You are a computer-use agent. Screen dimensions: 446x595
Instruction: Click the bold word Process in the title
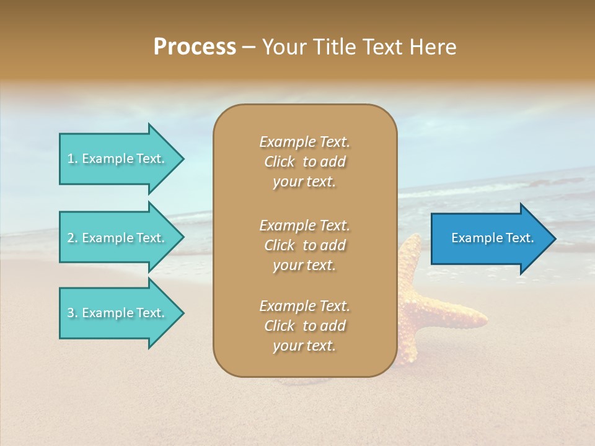coord(195,47)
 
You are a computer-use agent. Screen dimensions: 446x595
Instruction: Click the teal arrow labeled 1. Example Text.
coord(118,159)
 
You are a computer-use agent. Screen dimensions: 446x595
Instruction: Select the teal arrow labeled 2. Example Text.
coord(118,238)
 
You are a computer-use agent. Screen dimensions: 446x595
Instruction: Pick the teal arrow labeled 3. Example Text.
coord(118,313)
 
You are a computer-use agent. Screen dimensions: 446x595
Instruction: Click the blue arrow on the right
coord(490,238)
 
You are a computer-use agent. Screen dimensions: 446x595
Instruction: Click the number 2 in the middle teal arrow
coord(71,238)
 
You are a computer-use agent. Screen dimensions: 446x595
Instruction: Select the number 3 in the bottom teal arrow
coord(71,313)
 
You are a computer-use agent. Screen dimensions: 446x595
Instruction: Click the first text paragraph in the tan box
coord(304,162)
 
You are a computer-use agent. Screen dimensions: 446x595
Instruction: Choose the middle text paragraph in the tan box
coord(304,245)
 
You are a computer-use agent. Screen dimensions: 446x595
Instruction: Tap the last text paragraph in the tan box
coord(304,326)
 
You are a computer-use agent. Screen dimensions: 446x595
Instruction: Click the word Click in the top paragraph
coord(279,162)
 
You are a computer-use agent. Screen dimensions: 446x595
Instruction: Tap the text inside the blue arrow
coord(492,238)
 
